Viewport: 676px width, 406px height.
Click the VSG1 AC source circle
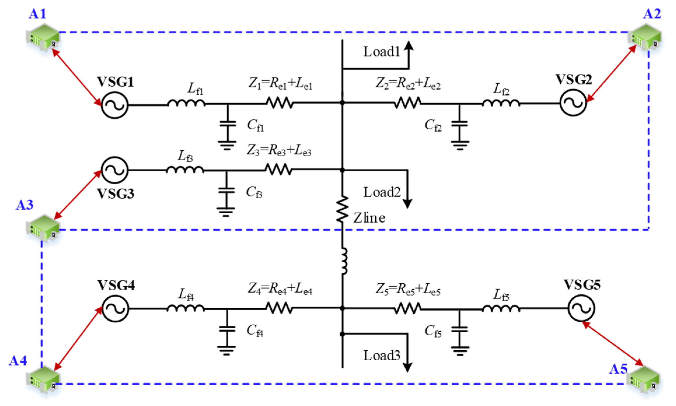pyautogui.click(x=115, y=105)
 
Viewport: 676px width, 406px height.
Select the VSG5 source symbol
pyautogui.click(x=581, y=308)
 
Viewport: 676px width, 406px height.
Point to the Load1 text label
pyautogui.click(x=381, y=52)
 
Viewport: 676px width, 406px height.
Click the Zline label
pyautogui.click(x=369, y=218)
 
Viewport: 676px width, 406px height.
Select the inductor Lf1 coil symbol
pyautogui.click(x=186, y=103)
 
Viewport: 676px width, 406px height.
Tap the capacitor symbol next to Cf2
pyautogui.click(x=459, y=124)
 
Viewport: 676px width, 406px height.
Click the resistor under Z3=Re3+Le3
pyautogui.click(x=279, y=169)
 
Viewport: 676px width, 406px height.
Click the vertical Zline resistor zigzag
pyautogui.click(x=342, y=209)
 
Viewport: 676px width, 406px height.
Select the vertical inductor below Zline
pyautogui.click(x=344, y=261)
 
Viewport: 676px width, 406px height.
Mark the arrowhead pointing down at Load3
pyautogui.click(x=407, y=368)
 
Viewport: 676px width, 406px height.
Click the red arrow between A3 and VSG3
pyautogui.click(x=77, y=195)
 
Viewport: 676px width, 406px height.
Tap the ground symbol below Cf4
pyautogui.click(x=226, y=350)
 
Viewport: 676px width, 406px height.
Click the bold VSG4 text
pyautogui.click(x=116, y=285)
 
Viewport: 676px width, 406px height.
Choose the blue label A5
pyautogui.click(x=618, y=369)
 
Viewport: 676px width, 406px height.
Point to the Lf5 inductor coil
pyautogui.click(x=501, y=308)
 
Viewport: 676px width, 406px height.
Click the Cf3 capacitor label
pyautogui.click(x=254, y=192)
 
